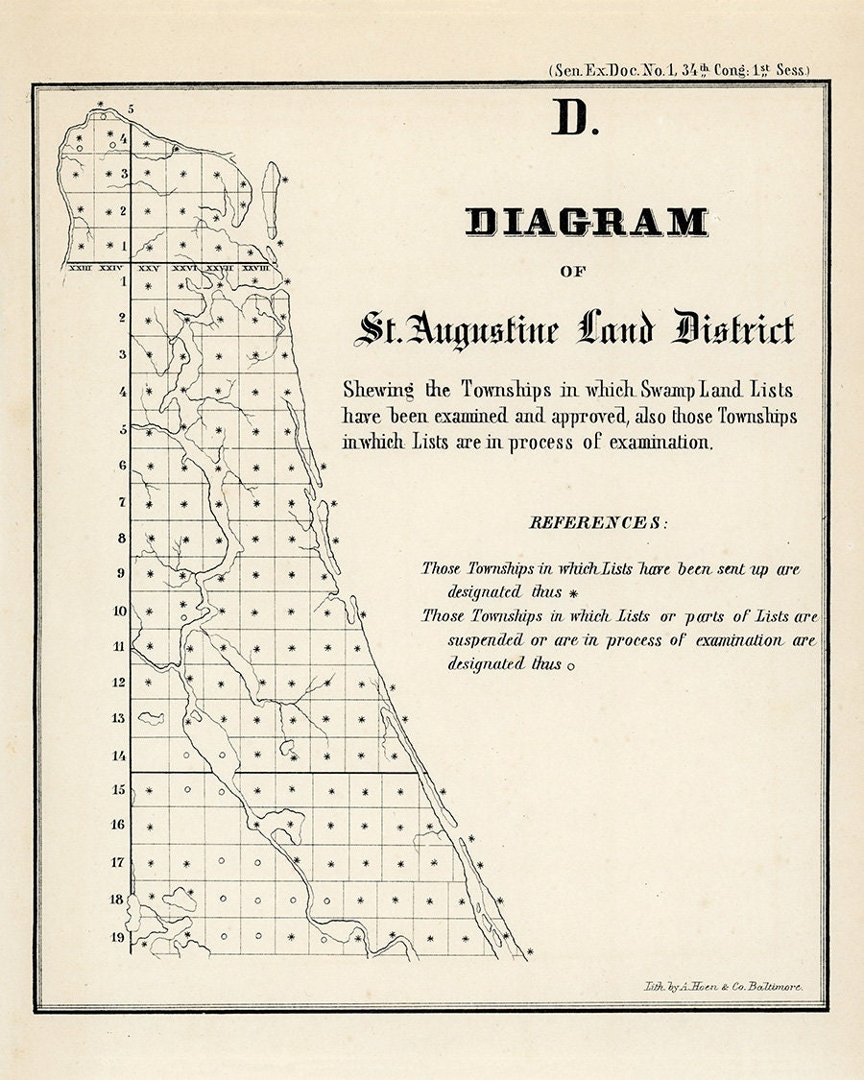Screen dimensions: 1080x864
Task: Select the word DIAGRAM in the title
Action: [x=587, y=223]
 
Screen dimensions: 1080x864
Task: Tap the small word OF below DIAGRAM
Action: [x=572, y=272]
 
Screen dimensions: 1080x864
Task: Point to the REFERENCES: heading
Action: [x=596, y=523]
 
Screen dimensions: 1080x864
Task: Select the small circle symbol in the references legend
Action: [x=571, y=665]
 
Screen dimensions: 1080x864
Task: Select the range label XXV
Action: [x=149, y=270]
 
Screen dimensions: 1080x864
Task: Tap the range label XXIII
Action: [x=81, y=270]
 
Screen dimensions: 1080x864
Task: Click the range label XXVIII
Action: [x=254, y=270]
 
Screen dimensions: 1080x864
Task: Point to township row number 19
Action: [x=117, y=936]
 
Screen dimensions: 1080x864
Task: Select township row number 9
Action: [x=120, y=573]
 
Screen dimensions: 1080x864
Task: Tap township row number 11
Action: [x=118, y=646]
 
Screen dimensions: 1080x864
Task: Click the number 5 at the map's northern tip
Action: [x=131, y=108]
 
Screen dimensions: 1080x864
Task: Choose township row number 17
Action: [x=117, y=862]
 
